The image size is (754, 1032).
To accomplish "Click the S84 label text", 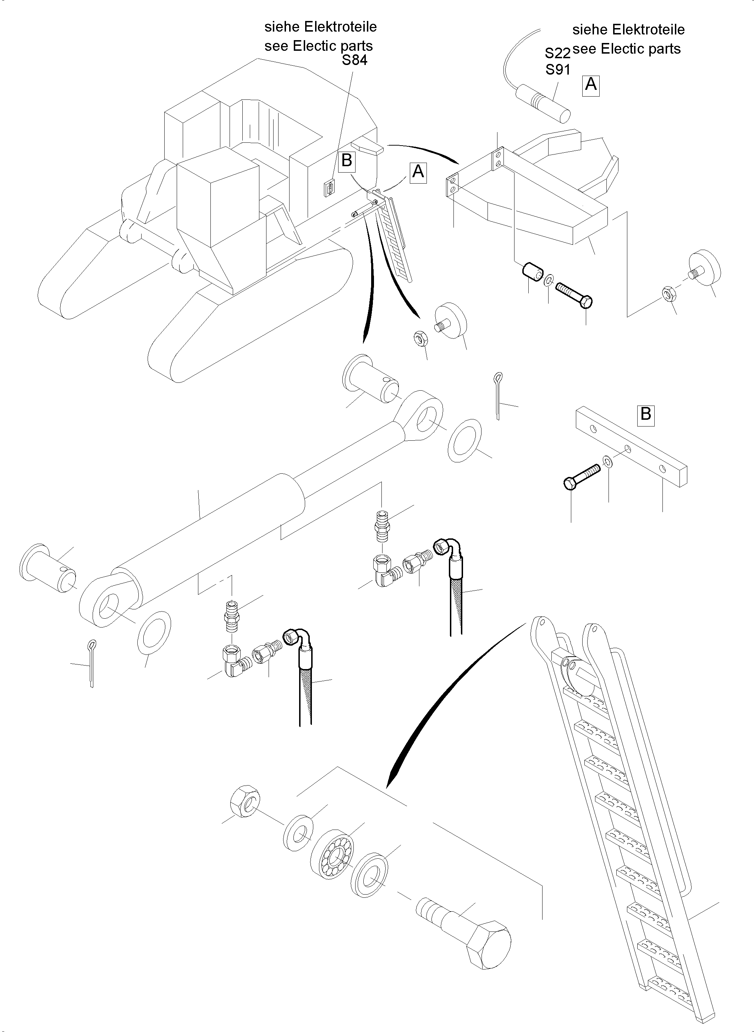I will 354,60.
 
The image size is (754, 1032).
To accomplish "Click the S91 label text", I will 557,70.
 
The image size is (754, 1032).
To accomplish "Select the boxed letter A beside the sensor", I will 590,85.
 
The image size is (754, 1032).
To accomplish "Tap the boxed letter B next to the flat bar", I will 645,414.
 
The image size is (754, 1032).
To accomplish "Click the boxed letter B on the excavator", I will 347,161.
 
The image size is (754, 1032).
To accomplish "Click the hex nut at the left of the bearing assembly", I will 245,801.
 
